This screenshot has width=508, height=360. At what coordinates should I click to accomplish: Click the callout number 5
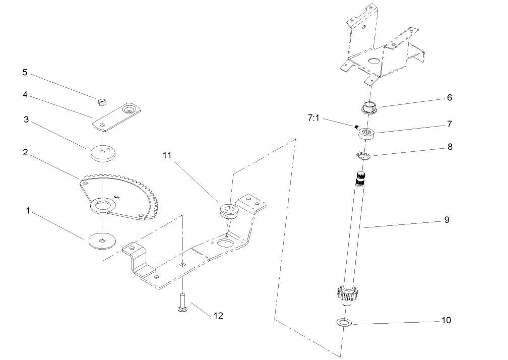[x=25, y=72]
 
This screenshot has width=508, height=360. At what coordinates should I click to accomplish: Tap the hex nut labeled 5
[x=101, y=101]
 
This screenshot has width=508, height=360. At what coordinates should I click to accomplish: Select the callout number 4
[x=25, y=94]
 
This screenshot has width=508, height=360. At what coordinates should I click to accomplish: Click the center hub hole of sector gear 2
[x=103, y=206]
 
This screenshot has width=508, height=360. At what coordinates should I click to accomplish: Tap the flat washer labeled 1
[x=102, y=240]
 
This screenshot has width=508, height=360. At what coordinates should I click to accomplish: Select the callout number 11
[x=167, y=156]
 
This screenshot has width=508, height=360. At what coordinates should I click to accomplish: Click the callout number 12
[x=218, y=316]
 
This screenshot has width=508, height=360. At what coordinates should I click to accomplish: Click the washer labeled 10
[x=344, y=322]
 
